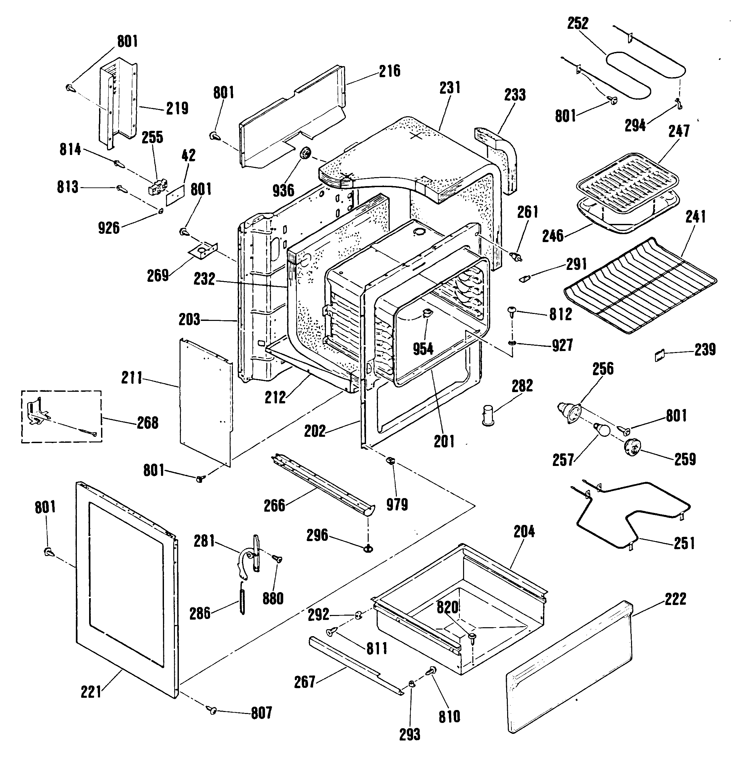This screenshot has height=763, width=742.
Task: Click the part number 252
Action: coord(578,24)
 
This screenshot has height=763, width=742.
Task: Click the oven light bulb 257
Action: coord(601,431)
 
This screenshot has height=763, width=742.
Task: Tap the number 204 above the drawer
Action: coord(524,532)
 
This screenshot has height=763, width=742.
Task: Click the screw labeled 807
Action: coord(213,710)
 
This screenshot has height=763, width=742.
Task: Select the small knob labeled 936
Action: coord(305,153)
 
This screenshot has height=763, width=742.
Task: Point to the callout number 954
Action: coord(423,348)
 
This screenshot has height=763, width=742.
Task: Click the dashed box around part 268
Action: coord(61,417)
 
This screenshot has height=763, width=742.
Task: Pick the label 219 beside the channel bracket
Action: coord(177,108)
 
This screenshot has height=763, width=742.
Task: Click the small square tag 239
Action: coord(659,356)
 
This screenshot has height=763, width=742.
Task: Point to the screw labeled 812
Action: coord(512,311)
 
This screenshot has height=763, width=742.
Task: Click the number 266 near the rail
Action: coord(275,505)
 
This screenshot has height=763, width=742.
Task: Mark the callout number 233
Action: coord(515,95)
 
